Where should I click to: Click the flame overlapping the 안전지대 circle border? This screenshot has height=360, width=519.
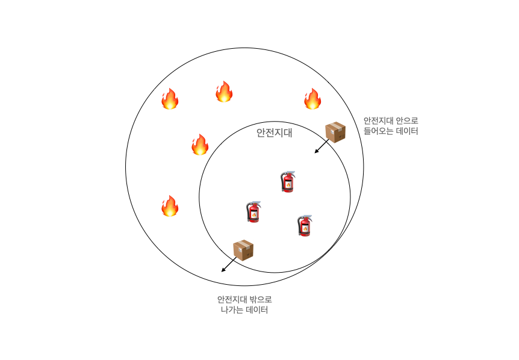tap(199, 144)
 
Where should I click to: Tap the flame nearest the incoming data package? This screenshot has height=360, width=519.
tap(312, 99)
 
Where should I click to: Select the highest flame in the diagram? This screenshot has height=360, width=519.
tap(224, 92)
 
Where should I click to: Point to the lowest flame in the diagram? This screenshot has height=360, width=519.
tap(170, 206)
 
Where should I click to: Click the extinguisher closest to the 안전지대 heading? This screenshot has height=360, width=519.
tap(288, 181)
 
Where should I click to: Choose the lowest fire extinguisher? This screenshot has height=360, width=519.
tap(305, 225)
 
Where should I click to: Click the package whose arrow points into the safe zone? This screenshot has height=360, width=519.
tap(335, 132)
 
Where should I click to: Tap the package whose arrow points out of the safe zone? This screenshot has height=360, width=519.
tap(243, 250)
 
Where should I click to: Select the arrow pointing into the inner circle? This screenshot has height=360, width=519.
tap(322, 146)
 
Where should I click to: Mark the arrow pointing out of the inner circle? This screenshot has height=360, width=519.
tap(228, 265)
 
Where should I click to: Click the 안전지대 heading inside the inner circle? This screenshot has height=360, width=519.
tap(274, 132)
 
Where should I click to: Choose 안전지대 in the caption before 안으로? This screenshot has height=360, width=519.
tap(379, 120)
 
